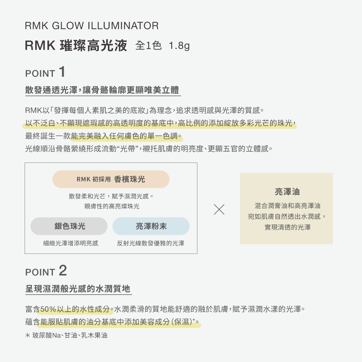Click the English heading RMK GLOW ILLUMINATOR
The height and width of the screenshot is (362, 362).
point(92,26)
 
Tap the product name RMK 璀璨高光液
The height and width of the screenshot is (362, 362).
point(76,46)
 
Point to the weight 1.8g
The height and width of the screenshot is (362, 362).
point(179,46)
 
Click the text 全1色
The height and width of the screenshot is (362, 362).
point(148,46)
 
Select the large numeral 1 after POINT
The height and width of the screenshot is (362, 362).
point(62,72)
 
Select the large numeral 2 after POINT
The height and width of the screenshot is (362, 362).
point(62,270)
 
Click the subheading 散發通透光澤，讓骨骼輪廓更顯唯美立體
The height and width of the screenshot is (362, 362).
point(102,90)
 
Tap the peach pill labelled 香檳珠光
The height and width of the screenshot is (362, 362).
point(111,179)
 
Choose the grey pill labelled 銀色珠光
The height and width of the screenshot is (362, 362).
point(69,226)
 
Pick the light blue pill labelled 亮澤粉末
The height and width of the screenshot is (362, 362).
point(151,226)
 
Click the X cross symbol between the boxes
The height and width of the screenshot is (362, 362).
point(219,209)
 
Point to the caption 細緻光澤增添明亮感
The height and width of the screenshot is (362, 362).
point(71,244)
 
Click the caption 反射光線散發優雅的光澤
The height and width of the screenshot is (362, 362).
point(150,244)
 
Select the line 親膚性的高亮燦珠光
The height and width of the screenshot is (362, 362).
point(111,206)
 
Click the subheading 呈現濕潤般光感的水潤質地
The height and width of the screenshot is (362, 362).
point(78,289)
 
